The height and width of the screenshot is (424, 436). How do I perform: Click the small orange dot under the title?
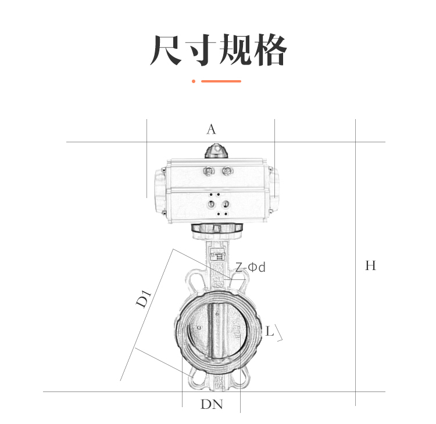click(x=194, y=81)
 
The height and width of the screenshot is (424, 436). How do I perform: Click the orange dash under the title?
click(x=221, y=81)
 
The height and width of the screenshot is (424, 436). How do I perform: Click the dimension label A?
click(x=211, y=130)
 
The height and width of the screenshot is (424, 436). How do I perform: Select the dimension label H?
click(x=370, y=266)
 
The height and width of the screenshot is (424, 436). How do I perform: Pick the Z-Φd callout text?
click(x=250, y=267)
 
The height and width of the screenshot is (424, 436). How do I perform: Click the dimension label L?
click(x=269, y=332)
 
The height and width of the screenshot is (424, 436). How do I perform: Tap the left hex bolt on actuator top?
click(x=208, y=171)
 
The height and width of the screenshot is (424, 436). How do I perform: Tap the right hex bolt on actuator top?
click(x=227, y=171)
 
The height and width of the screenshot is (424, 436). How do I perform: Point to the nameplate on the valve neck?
click(x=218, y=254)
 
